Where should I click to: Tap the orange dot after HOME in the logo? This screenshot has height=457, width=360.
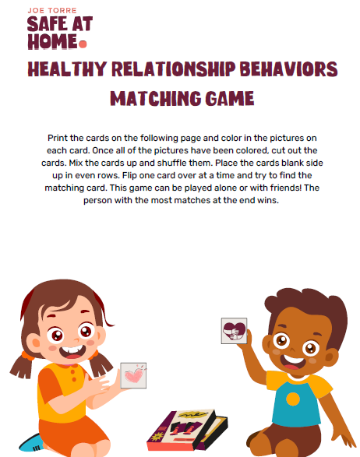pyautogui.click(x=83, y=44)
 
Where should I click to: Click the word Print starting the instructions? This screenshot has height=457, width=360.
pyautogui.click(x=59, y=136)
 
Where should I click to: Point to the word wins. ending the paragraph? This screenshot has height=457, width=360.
pyautogui.click(x=265, y=200)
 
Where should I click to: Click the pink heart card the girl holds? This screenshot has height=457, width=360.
pyautogui.click(x=133, y=375)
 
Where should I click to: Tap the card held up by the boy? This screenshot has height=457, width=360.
pyautogui.click(x=234, y=330)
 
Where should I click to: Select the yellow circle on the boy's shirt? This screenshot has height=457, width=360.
pyautogui.click(x=293, y=398)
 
